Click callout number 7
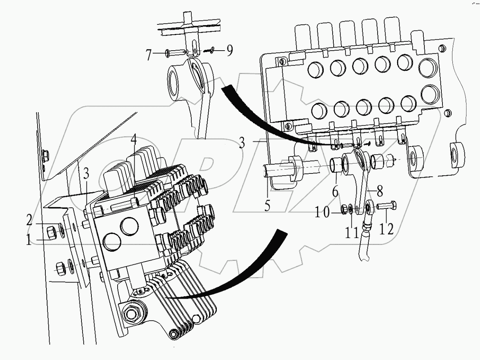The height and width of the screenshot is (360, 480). [x=149, y=55]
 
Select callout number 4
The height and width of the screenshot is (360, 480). [x=133, y=142]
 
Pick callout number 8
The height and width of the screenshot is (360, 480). [x=379, y=192]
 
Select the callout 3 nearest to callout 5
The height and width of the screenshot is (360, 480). [x=242, y=143]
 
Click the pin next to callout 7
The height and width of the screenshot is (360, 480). [x=175, y=53]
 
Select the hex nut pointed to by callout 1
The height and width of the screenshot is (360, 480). [x=51, y=233]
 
